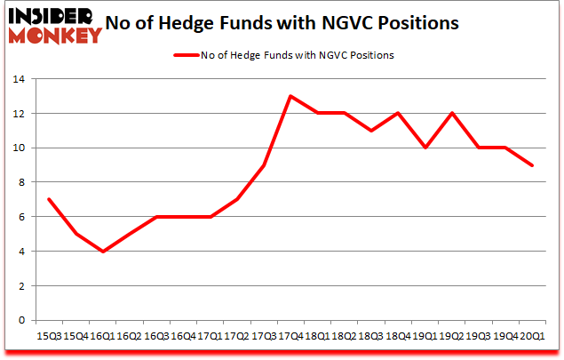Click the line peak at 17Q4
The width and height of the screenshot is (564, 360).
[290, 96]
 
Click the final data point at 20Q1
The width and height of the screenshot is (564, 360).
[533, 165]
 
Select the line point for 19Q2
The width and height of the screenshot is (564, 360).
[452, 114]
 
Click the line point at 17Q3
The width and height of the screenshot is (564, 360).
[263, 165]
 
